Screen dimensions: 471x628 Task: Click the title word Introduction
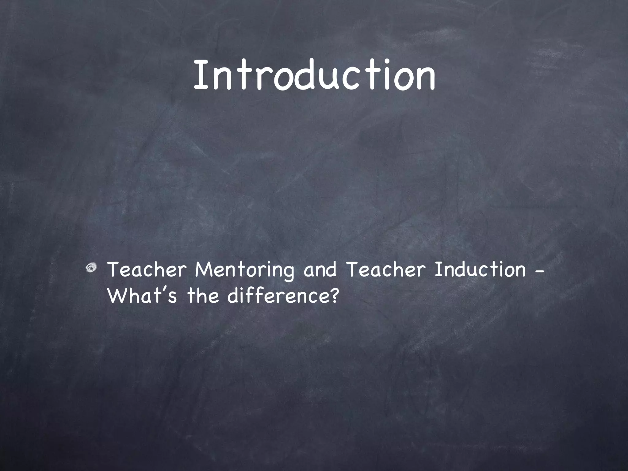pyautogui.click(x=314, y=75)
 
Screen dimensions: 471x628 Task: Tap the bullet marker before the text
pyautogui.click(x=92, y=269)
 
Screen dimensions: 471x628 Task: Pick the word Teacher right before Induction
pyautogui.click(x=386, y=270)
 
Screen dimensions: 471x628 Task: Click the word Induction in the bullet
pyautogui.click(x=480, y=270)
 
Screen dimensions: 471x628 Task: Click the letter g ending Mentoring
pyautogui.click(x=288, y=273)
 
